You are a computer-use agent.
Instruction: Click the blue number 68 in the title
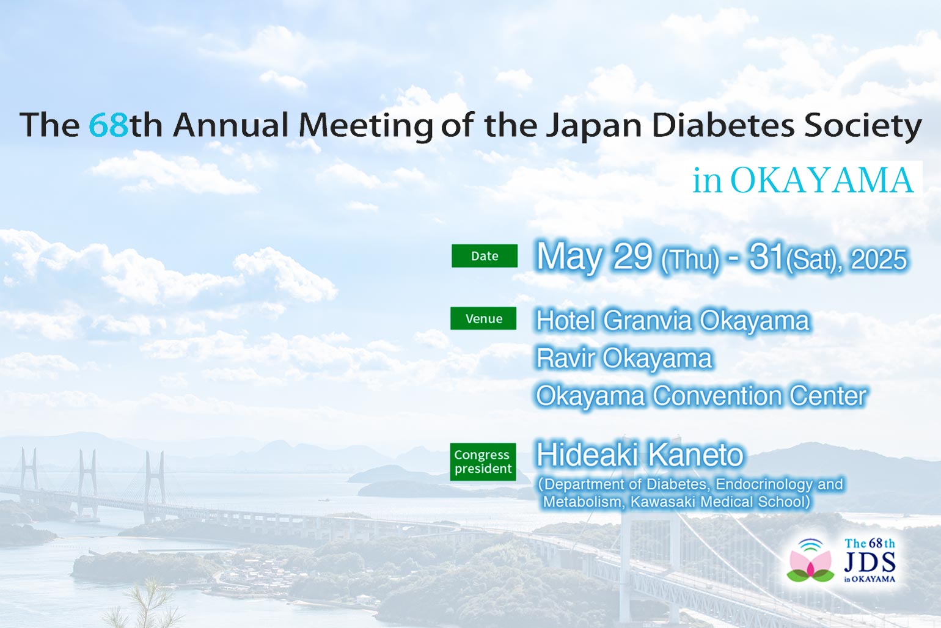(108, 125)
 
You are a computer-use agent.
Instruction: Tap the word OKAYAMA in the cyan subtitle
(822, 180)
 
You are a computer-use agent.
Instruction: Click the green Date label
(485, 255)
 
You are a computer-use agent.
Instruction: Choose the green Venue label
(483, 318)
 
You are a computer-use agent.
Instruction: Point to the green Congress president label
(483, 462)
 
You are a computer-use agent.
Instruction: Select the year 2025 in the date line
(879, 259)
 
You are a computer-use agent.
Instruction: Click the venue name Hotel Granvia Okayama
(673, 321)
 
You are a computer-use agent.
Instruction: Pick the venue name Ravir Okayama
(624, 358)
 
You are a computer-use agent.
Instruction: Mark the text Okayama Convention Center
(701, 395)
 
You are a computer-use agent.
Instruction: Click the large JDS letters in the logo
(870, 561)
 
